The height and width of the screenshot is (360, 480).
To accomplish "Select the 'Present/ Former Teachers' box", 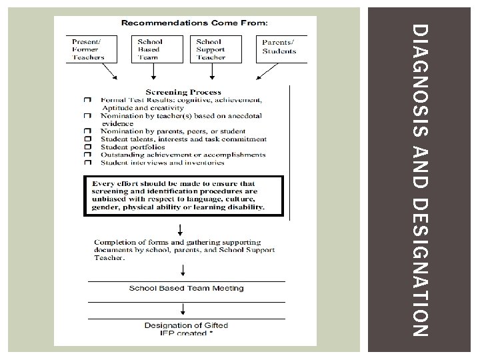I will (x=89, y=49).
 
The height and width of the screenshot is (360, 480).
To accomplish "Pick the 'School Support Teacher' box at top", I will (x=211, y=49).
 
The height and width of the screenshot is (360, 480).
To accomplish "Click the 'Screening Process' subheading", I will (x=183, y=92).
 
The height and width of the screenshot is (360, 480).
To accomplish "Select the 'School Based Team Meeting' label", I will (x=186, y=289).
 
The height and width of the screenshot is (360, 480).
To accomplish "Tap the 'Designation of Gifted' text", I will (x=186, y=325).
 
